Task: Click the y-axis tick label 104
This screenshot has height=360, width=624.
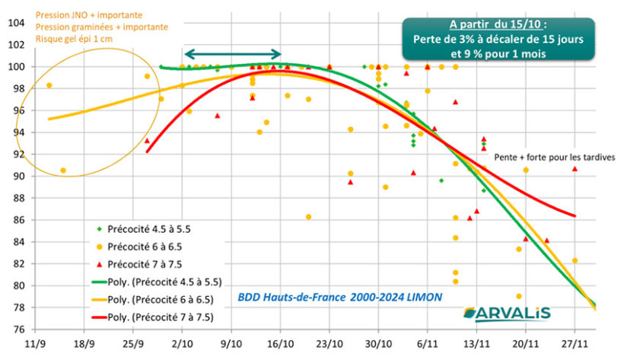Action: click(14, 23)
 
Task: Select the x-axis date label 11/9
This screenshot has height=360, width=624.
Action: click(35, 345)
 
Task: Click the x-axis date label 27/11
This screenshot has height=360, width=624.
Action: click(575, 345)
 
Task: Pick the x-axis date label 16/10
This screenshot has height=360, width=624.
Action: click(280, 345)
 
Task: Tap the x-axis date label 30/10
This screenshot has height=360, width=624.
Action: click(378, 345)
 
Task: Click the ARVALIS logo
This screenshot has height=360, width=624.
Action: click(505, 314)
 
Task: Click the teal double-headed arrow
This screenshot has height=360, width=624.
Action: click(233, 53)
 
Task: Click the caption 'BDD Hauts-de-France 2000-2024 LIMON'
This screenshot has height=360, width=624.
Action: click(339, 297)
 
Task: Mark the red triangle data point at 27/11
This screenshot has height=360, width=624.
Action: click(575, 169)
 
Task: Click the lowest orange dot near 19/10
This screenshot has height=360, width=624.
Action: click(308, 217)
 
